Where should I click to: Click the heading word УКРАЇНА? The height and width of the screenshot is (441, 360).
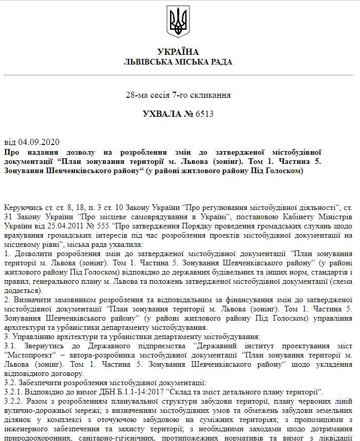[x=178, y=52]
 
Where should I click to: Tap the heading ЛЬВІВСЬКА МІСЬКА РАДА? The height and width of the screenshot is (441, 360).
[x=178, y=61]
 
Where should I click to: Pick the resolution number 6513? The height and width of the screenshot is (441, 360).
[x=204, y=114]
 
